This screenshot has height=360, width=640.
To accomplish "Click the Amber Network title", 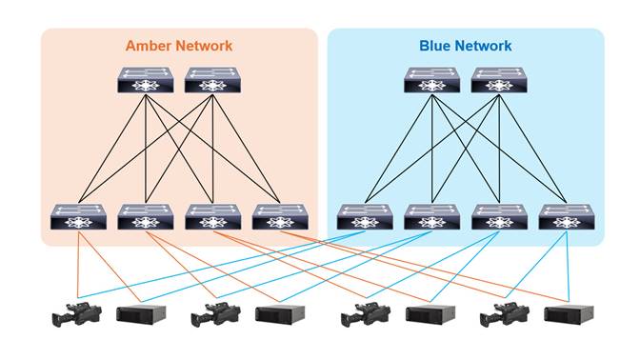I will pos(178,46).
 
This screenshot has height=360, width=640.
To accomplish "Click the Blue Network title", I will pos(465,46).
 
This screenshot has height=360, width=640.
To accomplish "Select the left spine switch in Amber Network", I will pos(145,80).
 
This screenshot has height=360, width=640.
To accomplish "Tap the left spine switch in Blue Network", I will pos(431,80).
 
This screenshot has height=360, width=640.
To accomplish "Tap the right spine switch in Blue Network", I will pos(499,80).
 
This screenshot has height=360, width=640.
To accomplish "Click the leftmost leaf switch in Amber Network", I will pos(78,217).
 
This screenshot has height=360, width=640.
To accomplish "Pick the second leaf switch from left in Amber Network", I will pos(145,217).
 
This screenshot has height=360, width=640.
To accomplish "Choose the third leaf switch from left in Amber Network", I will pos(212,217).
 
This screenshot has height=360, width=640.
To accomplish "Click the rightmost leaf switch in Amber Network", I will pos(280,217).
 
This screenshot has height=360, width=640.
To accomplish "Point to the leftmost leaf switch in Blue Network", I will pos(365,217).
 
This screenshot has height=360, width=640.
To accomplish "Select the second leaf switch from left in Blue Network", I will pos(431,217).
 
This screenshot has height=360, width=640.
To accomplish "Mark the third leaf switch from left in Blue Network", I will pos(499,217).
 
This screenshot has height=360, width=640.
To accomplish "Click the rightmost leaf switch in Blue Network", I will pos(567,217).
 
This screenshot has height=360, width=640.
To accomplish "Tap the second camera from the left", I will pos(215,314).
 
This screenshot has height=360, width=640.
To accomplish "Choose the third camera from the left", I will pos(366,314).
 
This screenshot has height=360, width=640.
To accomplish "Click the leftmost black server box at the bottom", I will pos(141,314).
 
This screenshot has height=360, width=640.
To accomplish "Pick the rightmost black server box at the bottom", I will pos(569,314).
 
